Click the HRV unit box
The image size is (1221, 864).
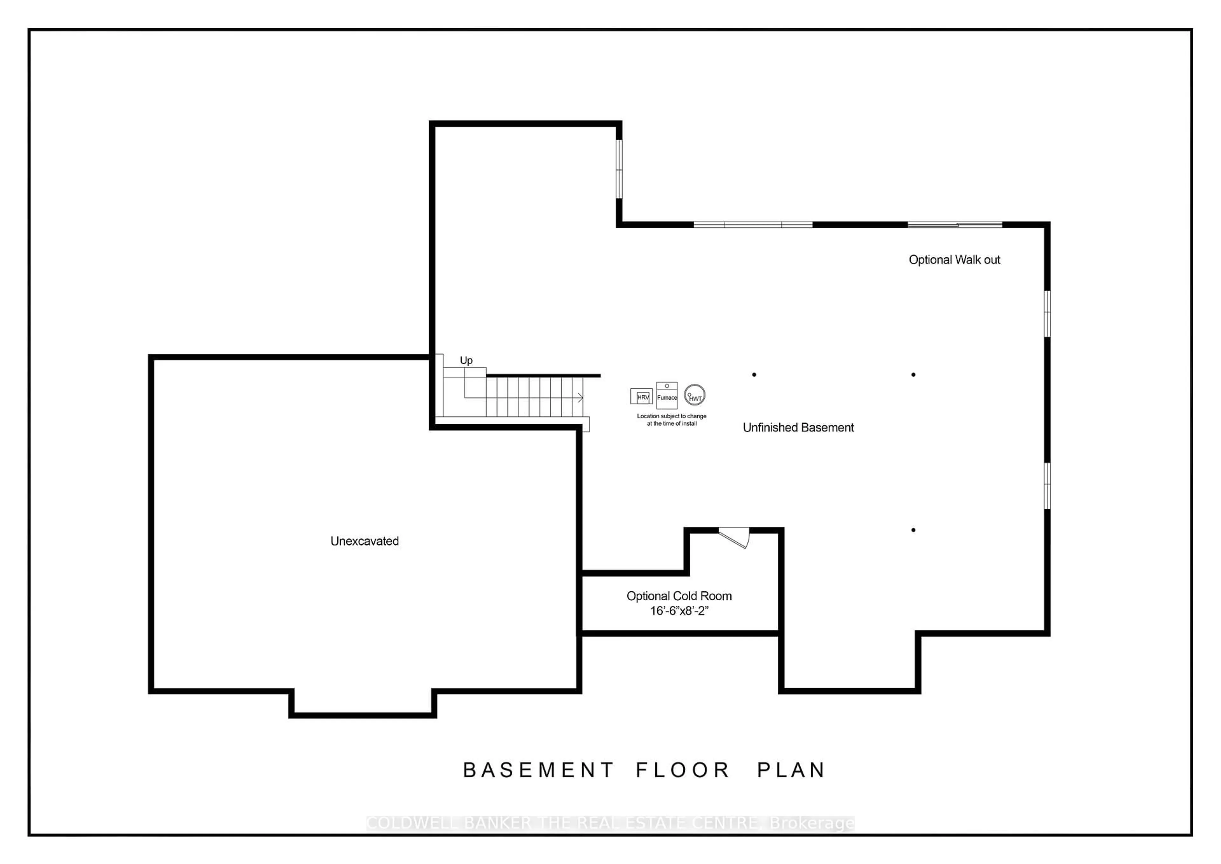coord(641,396)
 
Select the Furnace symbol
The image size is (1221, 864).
coord(667,395)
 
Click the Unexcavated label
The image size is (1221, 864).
coord(364,541)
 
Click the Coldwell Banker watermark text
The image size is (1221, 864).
coord(610,823)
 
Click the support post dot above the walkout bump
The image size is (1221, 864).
coord(913,530)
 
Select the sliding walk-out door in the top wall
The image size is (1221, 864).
coord(955,225)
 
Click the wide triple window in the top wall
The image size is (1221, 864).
coord(753,225)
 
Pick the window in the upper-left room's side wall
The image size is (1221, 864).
coord(619,169)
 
